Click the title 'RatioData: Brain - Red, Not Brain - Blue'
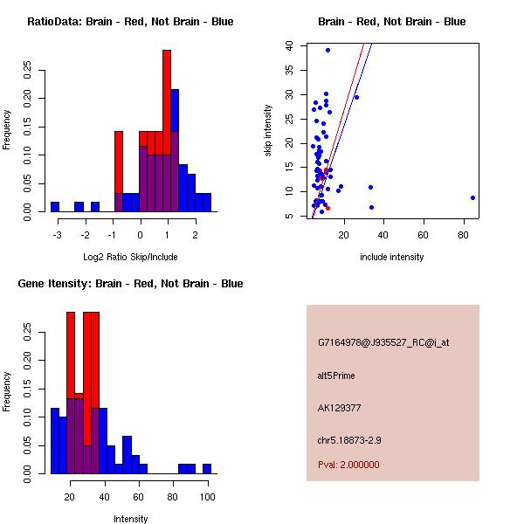(x=130, y=22)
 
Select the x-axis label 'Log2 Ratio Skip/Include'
(x=130, y=257)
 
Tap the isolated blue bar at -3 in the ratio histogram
(x=55, y=206)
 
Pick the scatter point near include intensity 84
(x=472, y=197)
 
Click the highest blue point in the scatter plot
(x=327, y=50)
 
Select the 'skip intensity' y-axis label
(x=268, y=131)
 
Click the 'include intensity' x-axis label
(x=391, y=257)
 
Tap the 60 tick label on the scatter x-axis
(x=424, y=235)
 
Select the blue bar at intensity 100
(x=207, y=468)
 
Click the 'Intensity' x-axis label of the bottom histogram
(x=131, y=519)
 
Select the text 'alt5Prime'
(x=336, y=376)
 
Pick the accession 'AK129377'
(x=338, y=407)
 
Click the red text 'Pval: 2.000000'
(x=348, y=465)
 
